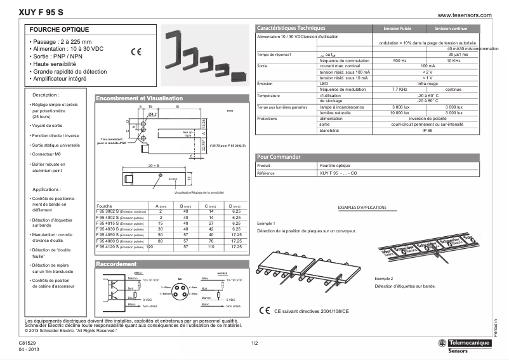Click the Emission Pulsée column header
[x=397, y=29]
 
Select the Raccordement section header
[x=116, y=264]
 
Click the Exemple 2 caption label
[x=384, y=279]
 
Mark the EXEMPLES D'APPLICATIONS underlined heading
[x=362, y=208]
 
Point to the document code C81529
[x=28, y=343]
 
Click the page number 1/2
[x=255, y=343]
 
